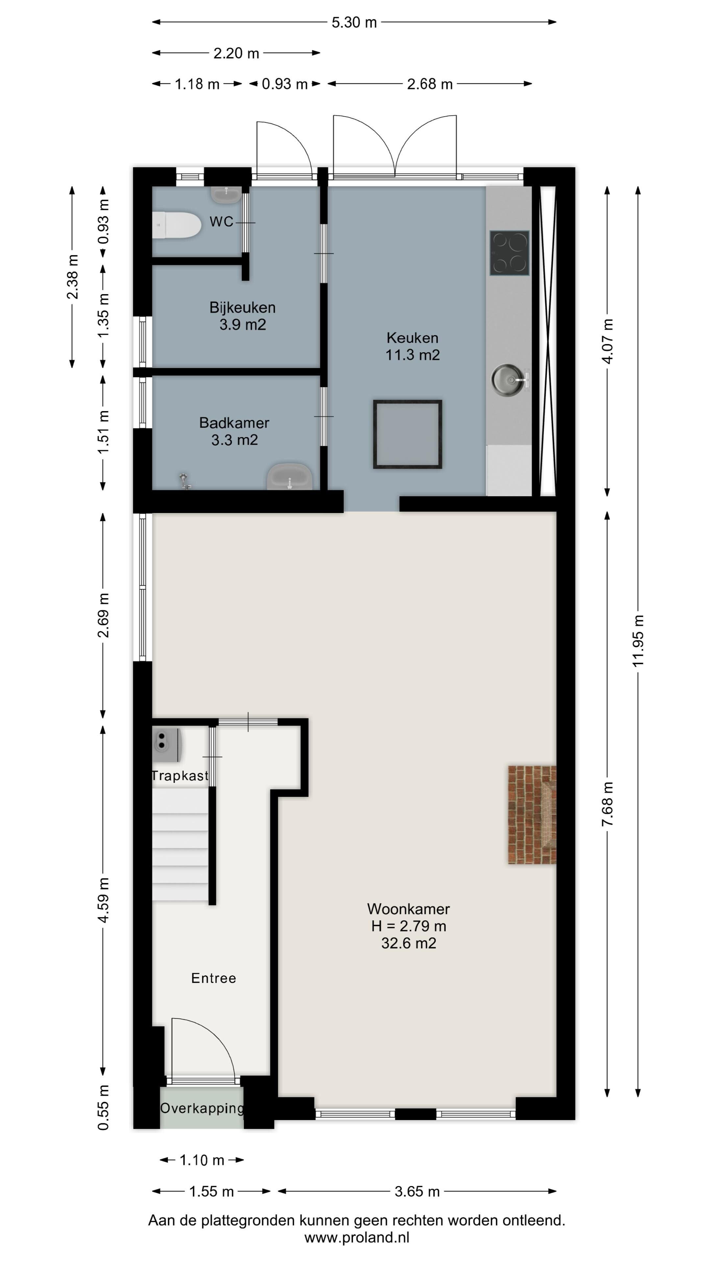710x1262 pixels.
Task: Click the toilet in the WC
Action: [x=177, y=225]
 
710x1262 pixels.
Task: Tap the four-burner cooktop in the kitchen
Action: [x=509, y=253]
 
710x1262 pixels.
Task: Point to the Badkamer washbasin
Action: [x=290, y=476]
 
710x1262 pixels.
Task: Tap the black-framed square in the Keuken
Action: [x=408, y=434]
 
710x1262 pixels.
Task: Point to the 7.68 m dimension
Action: [x=607, y=804]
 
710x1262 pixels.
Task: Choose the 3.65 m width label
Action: [x=417, y=1191]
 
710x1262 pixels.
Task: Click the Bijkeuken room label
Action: [x=243, y=308]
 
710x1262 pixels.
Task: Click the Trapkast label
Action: [x=180, y=776]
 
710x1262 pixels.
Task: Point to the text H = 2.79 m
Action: [x=409, y=926]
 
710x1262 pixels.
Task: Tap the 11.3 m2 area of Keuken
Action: [x=413, y=355]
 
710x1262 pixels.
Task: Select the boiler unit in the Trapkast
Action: [x=167, y=745]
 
